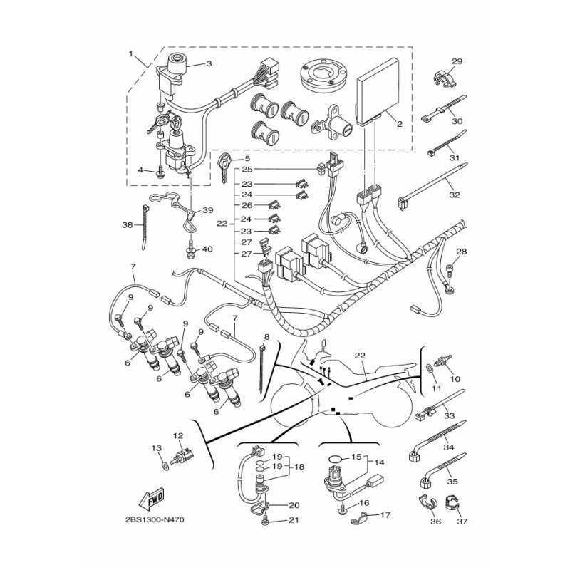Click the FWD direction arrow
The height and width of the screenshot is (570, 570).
click(151, 499)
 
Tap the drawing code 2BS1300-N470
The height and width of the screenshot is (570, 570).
click(155, 520)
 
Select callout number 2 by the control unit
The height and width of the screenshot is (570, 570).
click(400, 124)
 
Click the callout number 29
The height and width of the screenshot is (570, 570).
click(457, 61)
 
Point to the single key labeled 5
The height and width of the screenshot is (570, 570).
click(224, 167)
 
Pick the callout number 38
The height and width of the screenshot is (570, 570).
click(128, 225)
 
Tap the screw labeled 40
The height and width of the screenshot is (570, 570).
click(190, 249)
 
